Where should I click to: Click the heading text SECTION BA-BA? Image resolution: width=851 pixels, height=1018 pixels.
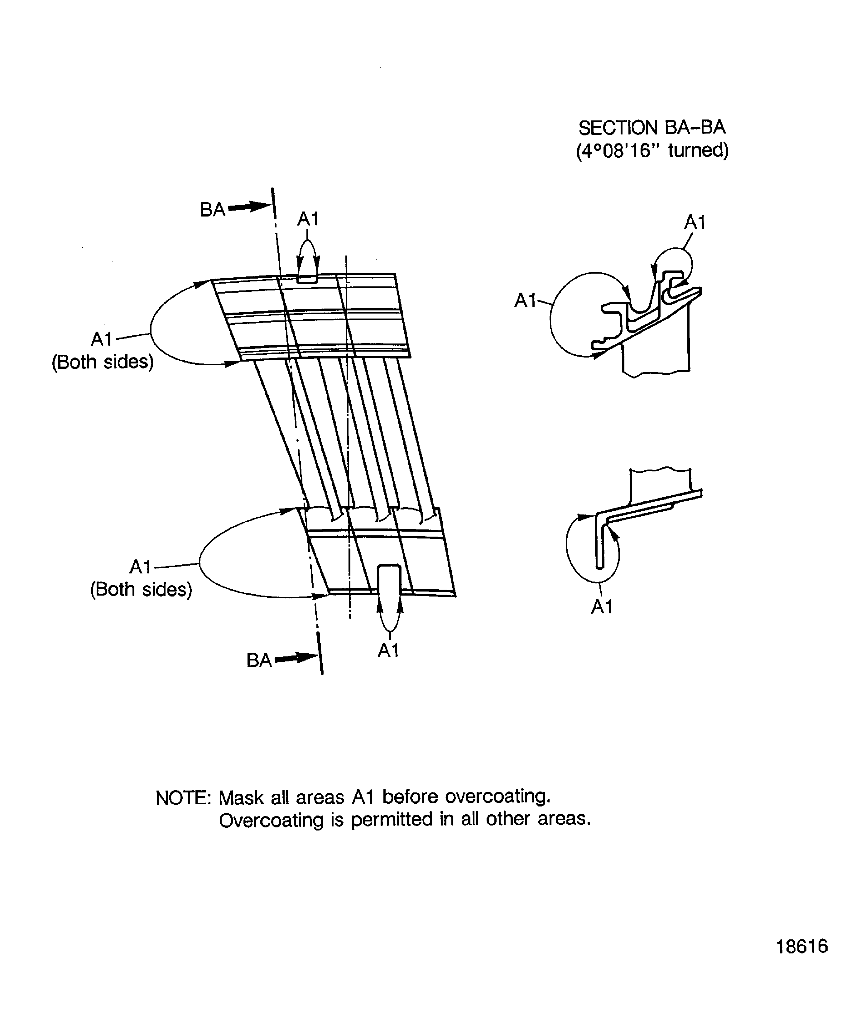(652, 128)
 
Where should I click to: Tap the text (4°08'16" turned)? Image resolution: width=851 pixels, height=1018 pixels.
(652, 151)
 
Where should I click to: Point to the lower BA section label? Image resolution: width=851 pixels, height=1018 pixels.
(259, 660)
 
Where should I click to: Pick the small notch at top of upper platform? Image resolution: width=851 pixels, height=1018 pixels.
(307, 278)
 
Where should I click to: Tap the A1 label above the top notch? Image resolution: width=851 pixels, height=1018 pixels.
(308, 219)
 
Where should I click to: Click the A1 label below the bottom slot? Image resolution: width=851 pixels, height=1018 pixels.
(388, 650)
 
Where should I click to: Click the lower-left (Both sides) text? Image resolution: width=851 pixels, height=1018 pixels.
(141, 589)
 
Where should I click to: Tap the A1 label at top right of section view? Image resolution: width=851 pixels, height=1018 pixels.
(695, 222)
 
